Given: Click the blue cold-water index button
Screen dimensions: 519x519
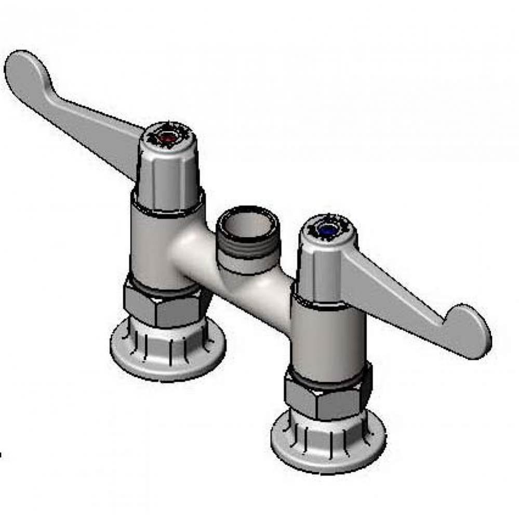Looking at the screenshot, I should pyautogui.click(x=327, y=228).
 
